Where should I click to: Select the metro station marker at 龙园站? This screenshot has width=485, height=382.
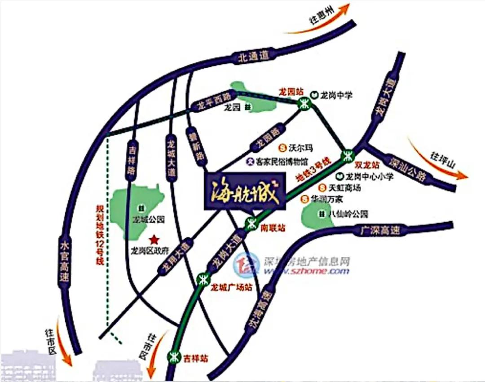pyautogui.click(x=304, y=104)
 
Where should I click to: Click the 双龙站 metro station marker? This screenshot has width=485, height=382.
pyautogui.click(x=347, y=156)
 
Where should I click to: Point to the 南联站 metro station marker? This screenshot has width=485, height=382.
pyautogui.click(x=252, y=222)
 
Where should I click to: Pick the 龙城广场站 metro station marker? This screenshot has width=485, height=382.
pyautogui.click(x=203, y=278)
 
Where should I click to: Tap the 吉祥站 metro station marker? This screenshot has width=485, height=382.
pyautogui.click(x=173, y=357)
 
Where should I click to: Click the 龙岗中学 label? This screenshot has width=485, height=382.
pyautogui.click(x=337, y=95)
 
